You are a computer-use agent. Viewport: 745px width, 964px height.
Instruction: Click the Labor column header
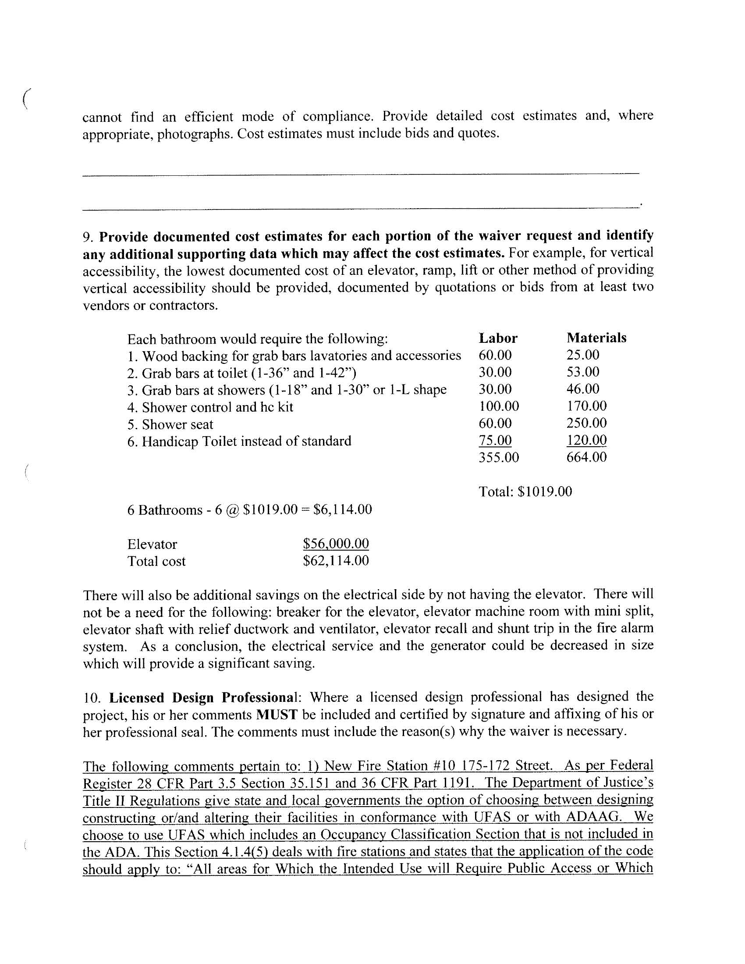(498, 338)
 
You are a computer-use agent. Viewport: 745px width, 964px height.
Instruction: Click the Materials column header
(596, 338)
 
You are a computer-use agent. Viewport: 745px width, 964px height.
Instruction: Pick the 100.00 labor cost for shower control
(499, 406)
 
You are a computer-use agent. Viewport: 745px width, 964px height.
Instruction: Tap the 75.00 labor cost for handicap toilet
(495, 440)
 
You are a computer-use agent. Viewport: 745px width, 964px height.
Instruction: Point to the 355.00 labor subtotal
(499, 457)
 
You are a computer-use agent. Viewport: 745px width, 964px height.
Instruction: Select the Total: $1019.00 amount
(525, 491)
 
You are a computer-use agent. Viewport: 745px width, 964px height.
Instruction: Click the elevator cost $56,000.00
(336, 543)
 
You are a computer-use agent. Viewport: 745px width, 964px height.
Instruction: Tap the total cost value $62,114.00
(336, 561)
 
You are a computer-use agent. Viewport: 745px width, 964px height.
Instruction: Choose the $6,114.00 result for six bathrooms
(343, 510)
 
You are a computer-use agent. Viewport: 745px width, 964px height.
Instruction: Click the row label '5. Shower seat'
(170, 424)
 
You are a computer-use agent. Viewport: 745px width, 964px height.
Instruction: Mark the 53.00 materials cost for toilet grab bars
(583, 372)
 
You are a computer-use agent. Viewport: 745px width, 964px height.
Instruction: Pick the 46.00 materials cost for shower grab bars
(583, 389)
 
